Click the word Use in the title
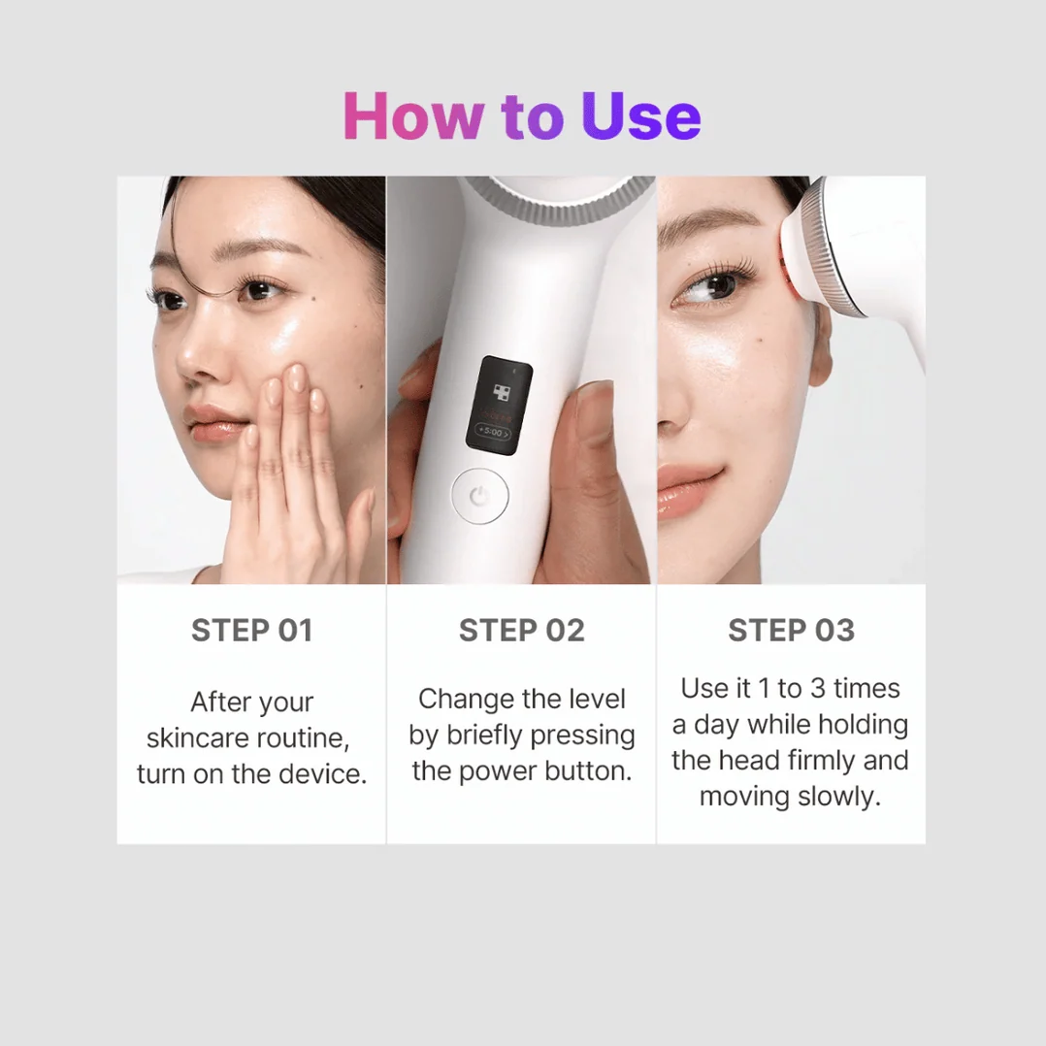pos(641,116)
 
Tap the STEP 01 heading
pos(252,631)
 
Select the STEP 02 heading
pos(522,631)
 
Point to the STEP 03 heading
pos(791,631)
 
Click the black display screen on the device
pos(499,405)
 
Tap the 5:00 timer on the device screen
pos(493,433)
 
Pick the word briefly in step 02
pos(484,735)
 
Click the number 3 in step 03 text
pos(818,689)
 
